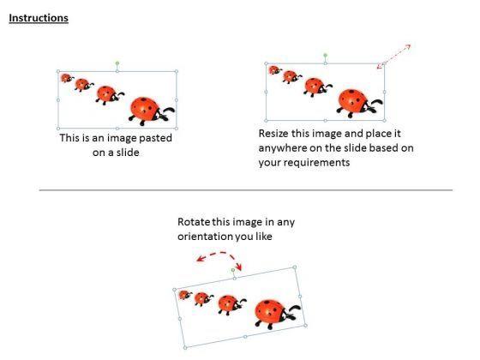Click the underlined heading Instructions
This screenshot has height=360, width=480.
coord(39,18)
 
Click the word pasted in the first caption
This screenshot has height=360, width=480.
coord(155,138)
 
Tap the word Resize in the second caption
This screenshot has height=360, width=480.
coord(273,134)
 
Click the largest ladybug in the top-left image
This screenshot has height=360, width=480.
coord(151,111)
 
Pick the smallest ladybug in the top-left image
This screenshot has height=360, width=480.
coord(67,78)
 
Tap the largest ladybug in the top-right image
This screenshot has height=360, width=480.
coord(359,103)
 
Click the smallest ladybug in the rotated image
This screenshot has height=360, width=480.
coord(185,295)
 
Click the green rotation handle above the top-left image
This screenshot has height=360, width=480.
coord(117,63)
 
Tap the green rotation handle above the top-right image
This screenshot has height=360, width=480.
coord(326,56)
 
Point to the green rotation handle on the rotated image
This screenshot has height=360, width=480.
coord(233,270)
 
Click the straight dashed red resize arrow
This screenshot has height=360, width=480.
coord(393,57)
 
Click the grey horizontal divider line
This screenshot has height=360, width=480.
coord(246,190)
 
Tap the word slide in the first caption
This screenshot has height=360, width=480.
coord(128,153)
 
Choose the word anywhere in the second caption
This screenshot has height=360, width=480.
coord(282,148)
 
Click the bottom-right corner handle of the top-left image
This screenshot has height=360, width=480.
coord(177,129)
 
